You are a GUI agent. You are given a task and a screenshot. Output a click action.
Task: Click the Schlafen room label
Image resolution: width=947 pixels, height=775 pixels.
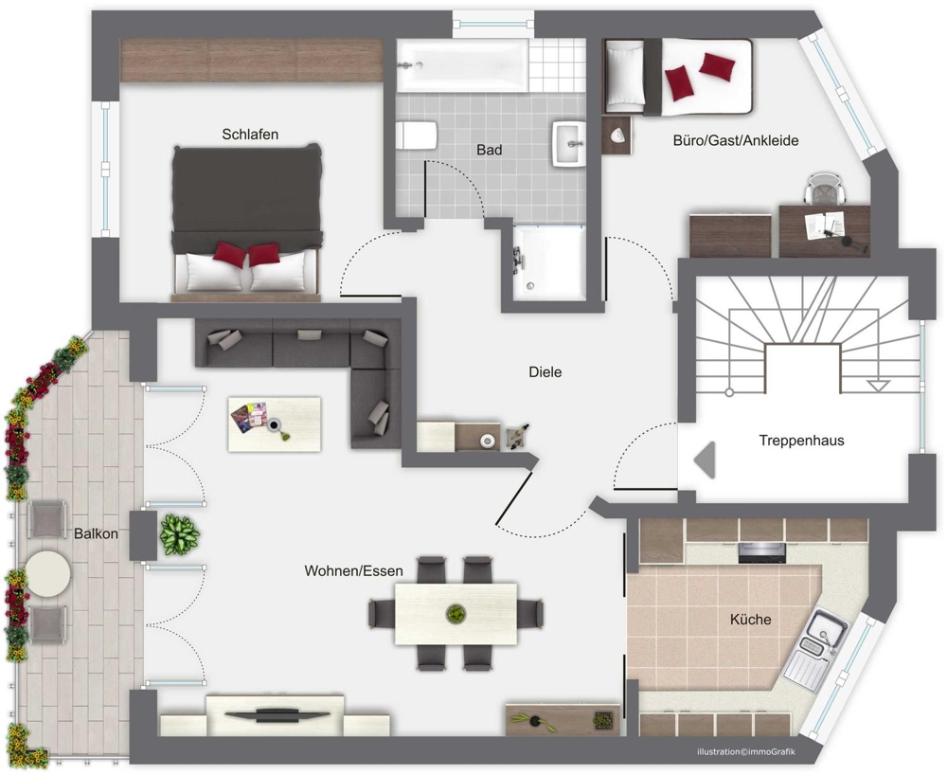[250, 135]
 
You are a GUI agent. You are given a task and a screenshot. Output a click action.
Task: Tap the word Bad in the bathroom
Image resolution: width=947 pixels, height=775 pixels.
[490, 149]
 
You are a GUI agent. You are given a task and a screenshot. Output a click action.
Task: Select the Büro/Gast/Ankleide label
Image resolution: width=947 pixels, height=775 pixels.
[736, 141]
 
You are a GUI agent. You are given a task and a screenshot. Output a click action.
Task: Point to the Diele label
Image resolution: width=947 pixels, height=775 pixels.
[545, 372]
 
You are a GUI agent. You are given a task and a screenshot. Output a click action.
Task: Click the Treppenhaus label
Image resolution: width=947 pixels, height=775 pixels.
[801, 441]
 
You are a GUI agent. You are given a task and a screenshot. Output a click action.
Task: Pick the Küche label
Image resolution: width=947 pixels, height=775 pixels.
[750, 620]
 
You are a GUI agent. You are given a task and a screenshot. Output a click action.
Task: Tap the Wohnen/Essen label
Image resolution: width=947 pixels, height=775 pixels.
[353, 571]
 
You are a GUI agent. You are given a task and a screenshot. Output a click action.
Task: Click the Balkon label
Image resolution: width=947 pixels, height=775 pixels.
[96, 534]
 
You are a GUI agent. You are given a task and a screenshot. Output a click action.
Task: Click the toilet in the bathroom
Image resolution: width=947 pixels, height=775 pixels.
[416, 135]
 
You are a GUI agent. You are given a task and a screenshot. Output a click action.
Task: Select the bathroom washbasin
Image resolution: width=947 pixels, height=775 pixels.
[569, 144]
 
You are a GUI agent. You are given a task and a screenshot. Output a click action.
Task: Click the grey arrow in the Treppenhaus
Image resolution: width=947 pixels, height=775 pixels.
[705, 460]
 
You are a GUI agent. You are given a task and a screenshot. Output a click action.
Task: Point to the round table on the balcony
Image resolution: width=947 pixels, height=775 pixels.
[48, 572]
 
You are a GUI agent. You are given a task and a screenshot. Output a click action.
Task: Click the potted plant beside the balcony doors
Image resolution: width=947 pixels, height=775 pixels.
[179, 534]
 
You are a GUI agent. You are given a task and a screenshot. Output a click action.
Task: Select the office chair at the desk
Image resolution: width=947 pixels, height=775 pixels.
[825, 188]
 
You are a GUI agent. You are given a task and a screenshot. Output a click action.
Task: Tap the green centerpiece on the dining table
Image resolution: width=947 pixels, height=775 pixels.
[456, 614]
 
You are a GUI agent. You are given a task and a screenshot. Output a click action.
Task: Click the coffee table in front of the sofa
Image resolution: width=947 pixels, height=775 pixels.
[275, 424]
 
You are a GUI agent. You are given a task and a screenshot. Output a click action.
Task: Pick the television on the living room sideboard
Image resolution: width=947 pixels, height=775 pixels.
[278, 715]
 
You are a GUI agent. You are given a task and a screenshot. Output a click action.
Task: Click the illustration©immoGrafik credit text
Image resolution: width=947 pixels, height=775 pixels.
[746, 752]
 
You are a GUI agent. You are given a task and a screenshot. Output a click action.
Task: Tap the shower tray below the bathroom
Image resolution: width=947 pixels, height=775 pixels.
[549, 262]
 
